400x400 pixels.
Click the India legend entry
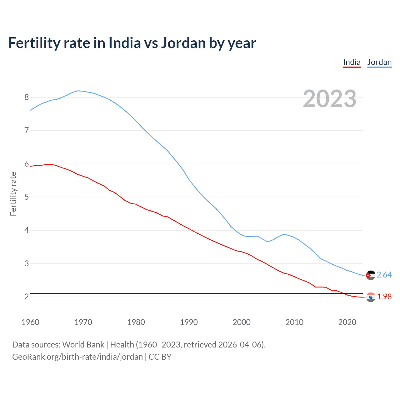tap(352, 62)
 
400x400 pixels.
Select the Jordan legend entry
tap(379, 62)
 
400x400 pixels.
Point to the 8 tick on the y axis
tap(27, 97)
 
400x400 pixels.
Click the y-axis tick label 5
tap(27, 197)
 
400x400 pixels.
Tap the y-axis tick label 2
tap(27, 297)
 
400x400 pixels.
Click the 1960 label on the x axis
tap(30, 322)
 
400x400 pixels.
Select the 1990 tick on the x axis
tap(189, 322)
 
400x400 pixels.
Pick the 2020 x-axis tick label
tap(347, 322)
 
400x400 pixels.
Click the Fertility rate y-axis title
tap(13, 194)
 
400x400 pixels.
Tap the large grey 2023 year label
tap(329, 99)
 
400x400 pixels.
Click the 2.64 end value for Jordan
tap(384, 275)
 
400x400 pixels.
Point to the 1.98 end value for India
tap(384, 297)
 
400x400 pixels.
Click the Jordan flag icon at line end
tap(371, 275)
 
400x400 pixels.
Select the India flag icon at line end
tap(371, 297)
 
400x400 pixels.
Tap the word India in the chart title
tap(125, 43)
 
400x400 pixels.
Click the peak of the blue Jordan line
tap(78, 91)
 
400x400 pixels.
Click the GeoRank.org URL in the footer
tap(77, 357)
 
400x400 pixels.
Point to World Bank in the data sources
tap(83, 345)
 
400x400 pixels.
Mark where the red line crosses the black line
tap(343, 293)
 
